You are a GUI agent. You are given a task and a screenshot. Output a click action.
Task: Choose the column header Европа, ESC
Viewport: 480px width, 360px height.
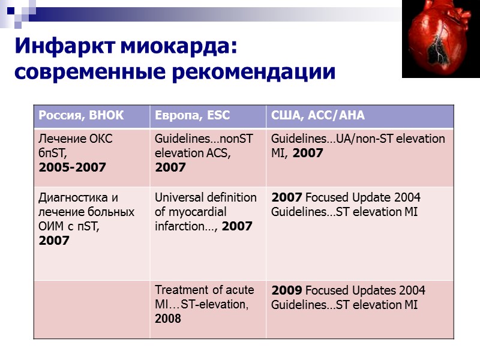(193, 116)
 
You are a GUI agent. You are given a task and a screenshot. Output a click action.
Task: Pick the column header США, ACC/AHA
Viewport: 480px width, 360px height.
(318, 116)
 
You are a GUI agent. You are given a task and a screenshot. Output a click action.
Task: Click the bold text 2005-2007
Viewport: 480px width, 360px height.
(72, 167)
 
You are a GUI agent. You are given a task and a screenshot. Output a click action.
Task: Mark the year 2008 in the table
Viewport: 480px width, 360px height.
(168, 319)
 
